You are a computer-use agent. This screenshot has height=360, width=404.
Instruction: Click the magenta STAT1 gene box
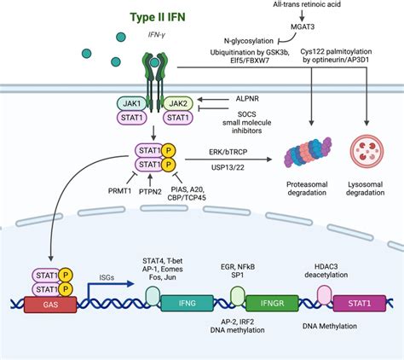click(x=357, y=301)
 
